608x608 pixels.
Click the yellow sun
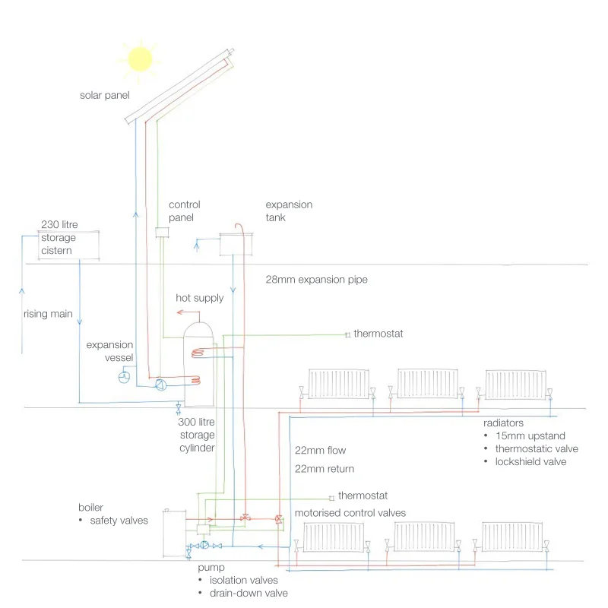(x=140, y=59)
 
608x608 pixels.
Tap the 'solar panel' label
(x=105, y=96)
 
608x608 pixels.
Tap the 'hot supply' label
(x=200, y=298)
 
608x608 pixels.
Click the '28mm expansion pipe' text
(x=316, y=280)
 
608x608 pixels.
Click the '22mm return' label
(x=325, y=469)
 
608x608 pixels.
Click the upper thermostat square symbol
(x=347, y=334)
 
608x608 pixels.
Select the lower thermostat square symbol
(x=331, y=496)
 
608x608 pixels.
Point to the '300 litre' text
(x=198, y=422)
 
